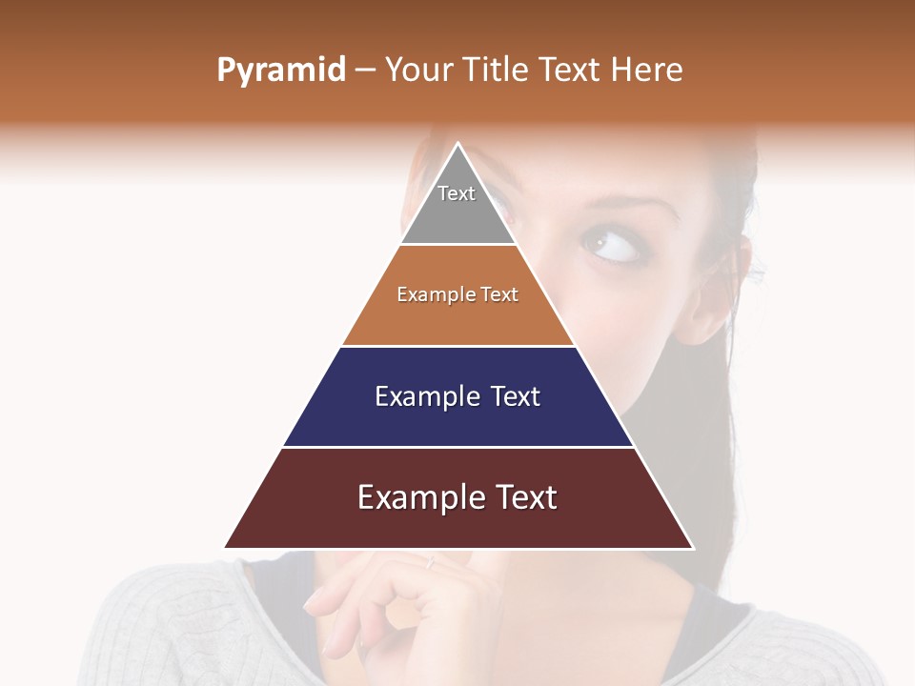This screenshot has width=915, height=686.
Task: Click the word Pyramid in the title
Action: point(280,71)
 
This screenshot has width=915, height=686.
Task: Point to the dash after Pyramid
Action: point(364,71)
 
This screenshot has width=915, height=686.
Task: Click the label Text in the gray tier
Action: point(457,193)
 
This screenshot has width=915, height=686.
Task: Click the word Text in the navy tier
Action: point(516,396)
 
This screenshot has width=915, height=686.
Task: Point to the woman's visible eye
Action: point(610,246)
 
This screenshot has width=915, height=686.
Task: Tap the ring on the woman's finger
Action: point(431,562)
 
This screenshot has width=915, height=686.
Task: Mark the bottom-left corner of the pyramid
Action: point(225,548)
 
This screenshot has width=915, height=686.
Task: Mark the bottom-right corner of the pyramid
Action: point(693,548)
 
